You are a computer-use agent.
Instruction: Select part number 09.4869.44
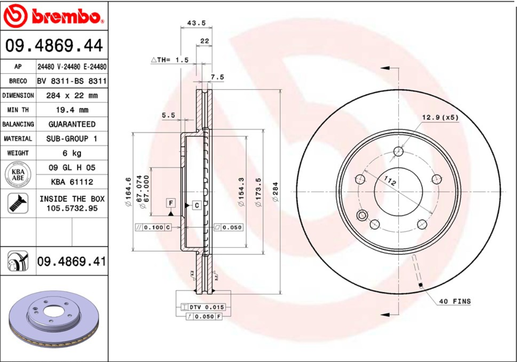click(54, 45)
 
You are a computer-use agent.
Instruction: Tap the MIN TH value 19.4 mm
click(72, 110)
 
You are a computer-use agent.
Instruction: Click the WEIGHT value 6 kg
click(72, 153)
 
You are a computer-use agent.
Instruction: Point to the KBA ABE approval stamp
click(18, 175)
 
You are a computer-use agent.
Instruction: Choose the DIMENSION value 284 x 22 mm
click(72, 96)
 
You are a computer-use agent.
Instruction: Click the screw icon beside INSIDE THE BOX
click(18, 203)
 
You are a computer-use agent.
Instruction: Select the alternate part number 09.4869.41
click(71, 261)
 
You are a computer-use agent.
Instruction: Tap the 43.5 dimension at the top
click(196, 23)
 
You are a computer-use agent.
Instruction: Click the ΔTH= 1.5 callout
click(170, 59)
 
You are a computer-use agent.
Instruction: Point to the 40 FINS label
click(454, 302)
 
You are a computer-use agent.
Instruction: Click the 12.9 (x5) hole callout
click(440, 118)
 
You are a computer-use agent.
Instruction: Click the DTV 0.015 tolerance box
click(203, 307)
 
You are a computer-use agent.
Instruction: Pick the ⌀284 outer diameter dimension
click(275, 191)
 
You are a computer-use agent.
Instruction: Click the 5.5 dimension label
click(168, 115)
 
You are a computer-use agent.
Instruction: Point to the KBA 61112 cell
click(72, 182)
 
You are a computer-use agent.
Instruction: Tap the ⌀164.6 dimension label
click(128, 191)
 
